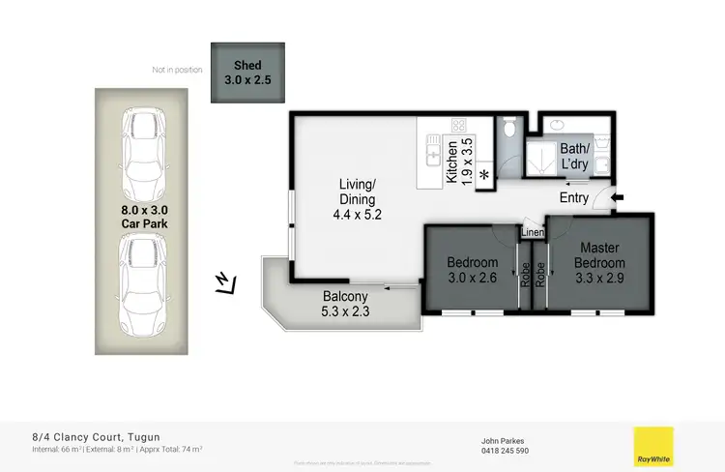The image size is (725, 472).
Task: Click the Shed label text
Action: click(248, 65)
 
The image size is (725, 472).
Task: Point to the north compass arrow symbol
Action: click(224, 282)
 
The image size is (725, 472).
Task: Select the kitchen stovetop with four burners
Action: click(458, 126)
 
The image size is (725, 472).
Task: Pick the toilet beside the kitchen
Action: click(509, 131)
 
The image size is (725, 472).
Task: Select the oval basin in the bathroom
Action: click(558, 125)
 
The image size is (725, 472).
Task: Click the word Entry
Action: click(574, 199)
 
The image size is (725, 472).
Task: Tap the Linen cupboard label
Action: click(532, 233)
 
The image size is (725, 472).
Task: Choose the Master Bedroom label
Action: click(599, 255)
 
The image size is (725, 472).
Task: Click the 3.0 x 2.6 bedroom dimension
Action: click(473, 278)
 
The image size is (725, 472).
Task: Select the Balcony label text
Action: click(343, 297)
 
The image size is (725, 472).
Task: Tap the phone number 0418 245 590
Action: click(505, 451)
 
